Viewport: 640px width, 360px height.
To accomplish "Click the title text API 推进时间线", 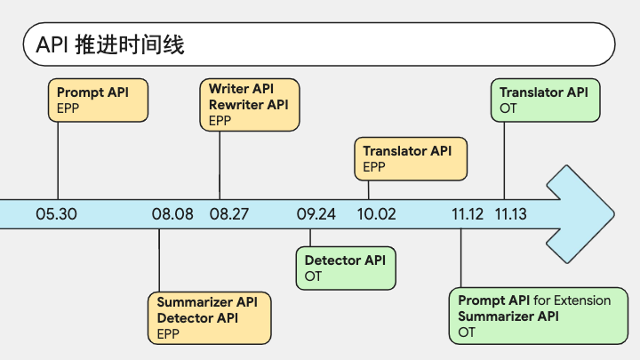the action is click(x=110, y=44).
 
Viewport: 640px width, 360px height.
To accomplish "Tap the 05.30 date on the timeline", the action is click(x=56, y=214).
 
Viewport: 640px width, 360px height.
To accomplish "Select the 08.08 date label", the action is click(x=172, y=214).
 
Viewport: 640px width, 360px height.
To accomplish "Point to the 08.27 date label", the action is click(x=229, y=214).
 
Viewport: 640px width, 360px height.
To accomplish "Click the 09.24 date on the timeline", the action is click(x=316, y=214).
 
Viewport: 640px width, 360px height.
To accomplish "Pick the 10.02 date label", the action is click(x=376, y=214).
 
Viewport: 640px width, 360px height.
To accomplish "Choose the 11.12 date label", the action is click(x=468, y=214).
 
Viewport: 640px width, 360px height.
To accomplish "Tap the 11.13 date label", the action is click(x=510, y=214).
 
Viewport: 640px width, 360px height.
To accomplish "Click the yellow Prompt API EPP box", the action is click(x=98, y=100).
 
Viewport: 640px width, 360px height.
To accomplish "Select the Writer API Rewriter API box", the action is click(x=250, y=105).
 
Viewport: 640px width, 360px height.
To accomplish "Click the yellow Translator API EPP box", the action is click(x=411, y=159).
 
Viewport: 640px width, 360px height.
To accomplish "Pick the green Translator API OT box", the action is click(x=545, y=100).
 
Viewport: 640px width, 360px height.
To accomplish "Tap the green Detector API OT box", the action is click(x=346, y=268).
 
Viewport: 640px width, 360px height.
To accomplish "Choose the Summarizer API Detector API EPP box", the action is click(x=210, y=318).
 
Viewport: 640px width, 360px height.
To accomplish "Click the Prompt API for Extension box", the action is click(x=539, y=316).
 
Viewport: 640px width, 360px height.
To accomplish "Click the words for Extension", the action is click(x=572, y=300).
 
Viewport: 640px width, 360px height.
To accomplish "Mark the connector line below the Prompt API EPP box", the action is click(x=58, y=161).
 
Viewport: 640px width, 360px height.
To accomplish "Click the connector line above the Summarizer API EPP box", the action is click(x=159, y=260).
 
